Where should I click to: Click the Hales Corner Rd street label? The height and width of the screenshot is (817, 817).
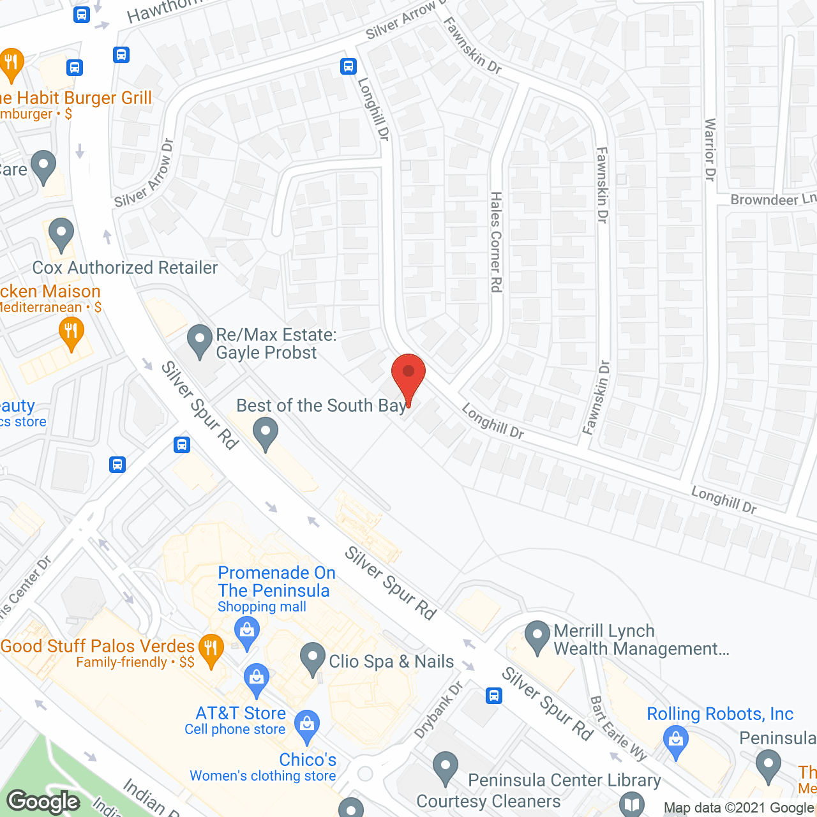coord(496,243)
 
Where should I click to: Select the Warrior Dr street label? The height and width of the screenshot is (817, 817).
coord(710,150)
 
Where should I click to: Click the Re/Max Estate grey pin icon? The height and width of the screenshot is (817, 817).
coord(200,341)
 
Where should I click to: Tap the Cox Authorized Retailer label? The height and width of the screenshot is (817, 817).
coord(125,267)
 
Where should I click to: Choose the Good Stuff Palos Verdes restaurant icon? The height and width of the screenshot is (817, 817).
coord(211,650)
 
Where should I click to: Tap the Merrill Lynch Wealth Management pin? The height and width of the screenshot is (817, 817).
coord(537,637)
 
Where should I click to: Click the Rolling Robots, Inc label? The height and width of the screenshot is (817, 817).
coord(720,714)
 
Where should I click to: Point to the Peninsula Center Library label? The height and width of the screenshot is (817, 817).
coord(564,780)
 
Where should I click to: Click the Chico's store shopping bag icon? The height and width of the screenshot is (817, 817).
coord(307,726)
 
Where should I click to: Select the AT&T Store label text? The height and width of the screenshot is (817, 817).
coord(241,713)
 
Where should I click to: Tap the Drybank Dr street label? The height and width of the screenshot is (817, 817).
coord(438,710)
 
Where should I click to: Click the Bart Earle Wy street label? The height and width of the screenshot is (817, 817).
coord(617,728)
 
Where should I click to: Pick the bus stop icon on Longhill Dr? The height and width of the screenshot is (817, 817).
coord(348,66)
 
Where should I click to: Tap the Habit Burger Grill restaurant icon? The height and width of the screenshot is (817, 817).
coord(11,64)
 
